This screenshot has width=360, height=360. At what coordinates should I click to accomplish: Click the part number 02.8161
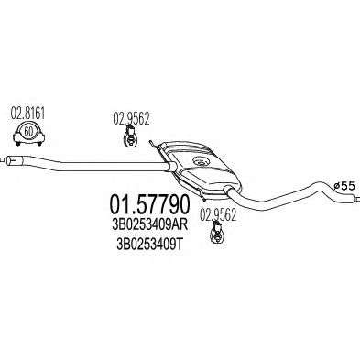click(27, 114)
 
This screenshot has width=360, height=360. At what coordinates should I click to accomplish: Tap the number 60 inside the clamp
click(28, 132)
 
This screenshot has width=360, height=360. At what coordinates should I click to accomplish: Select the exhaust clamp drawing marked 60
click(28, 135)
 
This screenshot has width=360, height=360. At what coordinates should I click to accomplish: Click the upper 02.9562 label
click(131, 118)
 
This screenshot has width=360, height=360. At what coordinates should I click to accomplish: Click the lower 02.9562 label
click(218, 215)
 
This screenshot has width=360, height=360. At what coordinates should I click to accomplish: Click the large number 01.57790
click(149, 204)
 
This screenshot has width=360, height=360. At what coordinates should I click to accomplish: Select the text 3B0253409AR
click(149, 225)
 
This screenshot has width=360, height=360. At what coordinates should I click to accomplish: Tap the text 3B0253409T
click(149, 245)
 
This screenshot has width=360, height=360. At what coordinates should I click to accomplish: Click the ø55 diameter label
click(344, 186)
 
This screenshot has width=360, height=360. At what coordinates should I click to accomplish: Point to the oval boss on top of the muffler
click(201, 161)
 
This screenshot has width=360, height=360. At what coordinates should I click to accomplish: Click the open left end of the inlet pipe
click(9, 160)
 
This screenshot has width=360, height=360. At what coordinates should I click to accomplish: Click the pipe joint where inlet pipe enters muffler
click(172, 167)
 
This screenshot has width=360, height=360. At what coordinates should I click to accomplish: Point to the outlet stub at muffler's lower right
click(228, 191)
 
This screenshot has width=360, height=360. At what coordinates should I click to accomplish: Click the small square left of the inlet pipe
click(2, 159)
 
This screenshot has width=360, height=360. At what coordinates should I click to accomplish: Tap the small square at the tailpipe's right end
click(357, 200)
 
